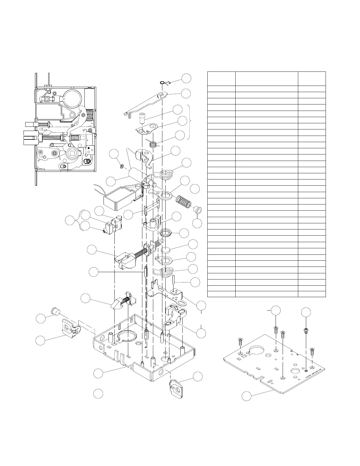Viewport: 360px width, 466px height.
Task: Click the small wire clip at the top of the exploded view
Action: tap(164, 83)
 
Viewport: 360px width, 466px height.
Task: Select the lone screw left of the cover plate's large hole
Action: tap(240, 342)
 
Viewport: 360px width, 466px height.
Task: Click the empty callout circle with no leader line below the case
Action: tap(98, 394)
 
